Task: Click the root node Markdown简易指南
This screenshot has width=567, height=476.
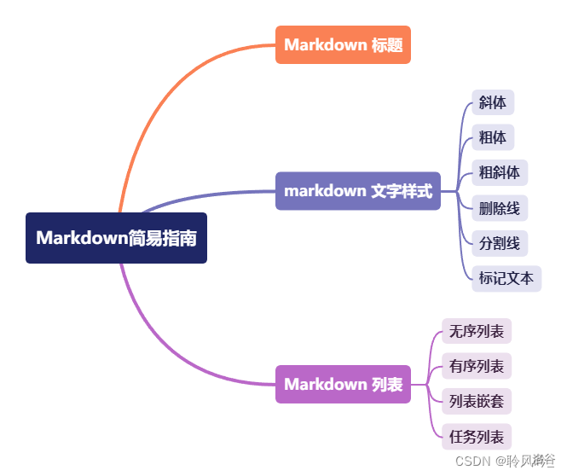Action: point(116,237)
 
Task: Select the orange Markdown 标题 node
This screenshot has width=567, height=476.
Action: point(343,44)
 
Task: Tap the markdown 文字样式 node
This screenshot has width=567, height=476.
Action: point(358,191)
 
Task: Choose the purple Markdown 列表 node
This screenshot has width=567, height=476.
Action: point(343,384)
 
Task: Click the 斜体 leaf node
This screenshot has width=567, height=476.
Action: point(492,102)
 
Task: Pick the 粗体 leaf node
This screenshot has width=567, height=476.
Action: point(492,137)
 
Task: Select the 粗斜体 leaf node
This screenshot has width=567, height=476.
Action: point(499,172)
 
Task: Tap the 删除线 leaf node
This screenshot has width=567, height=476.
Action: point(499,207)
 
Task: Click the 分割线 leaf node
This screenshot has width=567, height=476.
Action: point(499,243)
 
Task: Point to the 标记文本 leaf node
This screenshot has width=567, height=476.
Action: point(506,278)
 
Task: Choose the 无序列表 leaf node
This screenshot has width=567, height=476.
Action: point(477,331)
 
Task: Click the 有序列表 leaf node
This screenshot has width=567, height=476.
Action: point(477,367)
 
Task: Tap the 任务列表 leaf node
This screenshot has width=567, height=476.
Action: point(477,437)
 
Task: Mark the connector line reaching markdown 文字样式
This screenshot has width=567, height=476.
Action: point(213,192)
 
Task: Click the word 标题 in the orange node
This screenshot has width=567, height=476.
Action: point(387,44)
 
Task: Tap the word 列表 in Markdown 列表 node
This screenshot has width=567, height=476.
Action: point(387,384)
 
